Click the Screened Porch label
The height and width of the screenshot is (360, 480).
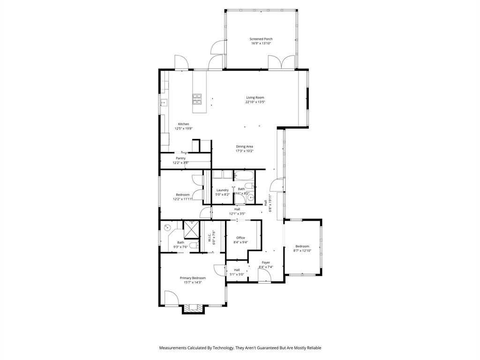261,39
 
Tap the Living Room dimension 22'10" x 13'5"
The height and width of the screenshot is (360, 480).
255,102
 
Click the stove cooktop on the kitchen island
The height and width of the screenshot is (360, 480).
197,98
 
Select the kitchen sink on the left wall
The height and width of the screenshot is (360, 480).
163,102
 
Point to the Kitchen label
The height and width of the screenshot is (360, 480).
183,124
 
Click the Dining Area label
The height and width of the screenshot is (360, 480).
244,147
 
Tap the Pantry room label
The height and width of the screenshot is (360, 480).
180,158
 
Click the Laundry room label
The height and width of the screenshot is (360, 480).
222,190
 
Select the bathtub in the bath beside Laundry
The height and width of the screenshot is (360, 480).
243,176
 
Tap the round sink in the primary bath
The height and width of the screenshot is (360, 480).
167,228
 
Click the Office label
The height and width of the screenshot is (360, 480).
240,238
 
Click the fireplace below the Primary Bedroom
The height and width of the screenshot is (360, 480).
193,308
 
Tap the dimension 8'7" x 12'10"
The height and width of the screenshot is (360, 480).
302,251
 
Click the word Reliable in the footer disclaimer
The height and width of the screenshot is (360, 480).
312,348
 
